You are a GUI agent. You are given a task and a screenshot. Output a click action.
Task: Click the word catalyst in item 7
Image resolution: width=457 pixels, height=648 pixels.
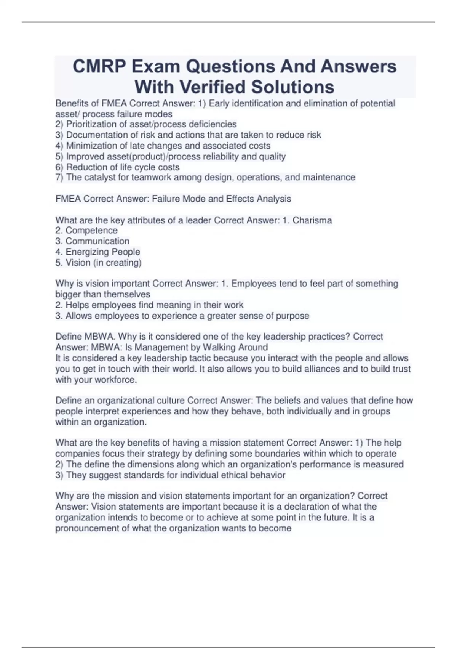click(101, 177)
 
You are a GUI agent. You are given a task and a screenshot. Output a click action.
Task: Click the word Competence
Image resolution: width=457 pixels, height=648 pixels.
click(91, 231)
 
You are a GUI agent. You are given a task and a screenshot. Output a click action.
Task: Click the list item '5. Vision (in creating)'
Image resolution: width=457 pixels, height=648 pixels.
click(98, 263)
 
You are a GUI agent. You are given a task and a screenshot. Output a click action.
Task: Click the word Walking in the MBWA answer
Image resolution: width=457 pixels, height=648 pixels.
click(219, 347)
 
